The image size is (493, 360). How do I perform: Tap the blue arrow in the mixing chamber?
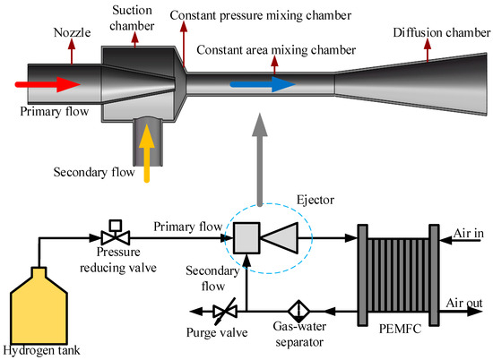click(259, 84)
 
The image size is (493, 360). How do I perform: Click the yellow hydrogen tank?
click(37, 304)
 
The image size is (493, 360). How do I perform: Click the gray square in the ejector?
click(247, 238)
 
